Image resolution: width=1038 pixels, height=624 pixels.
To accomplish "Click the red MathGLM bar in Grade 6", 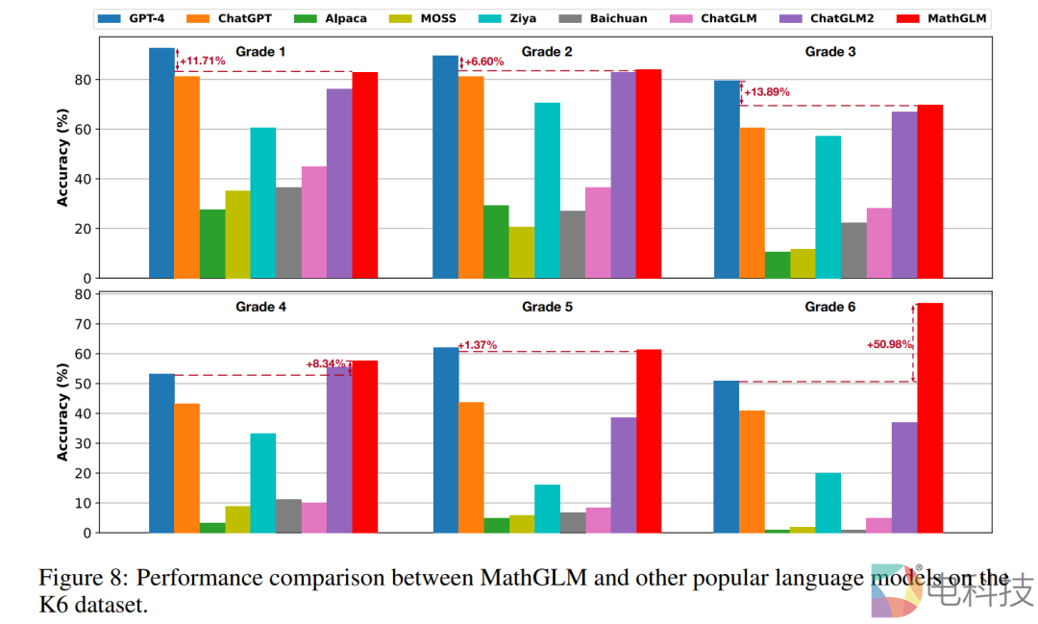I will [x=929, y=417].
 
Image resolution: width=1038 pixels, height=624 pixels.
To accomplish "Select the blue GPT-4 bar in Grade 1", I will [x=162, y=163].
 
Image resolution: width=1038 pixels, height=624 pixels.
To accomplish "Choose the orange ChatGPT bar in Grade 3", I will [x=752, y=203].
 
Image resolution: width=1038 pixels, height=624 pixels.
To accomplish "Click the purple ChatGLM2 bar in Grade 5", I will [x=624, y=475].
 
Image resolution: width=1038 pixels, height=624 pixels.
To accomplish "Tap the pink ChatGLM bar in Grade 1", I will [x=314, y=222].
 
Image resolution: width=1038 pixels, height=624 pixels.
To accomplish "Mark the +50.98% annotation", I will [x=889, y=344].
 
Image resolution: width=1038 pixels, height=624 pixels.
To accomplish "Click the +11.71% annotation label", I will [x=203, y=62].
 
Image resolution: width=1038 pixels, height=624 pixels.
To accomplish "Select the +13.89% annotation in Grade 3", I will [x=767, y=92].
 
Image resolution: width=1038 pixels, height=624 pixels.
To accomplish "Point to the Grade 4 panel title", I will [x=262, y=307].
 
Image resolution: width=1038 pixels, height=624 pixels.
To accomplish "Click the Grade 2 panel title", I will [x=547, y=51].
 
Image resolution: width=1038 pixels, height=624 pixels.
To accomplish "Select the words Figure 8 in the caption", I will [x=83, y=578].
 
